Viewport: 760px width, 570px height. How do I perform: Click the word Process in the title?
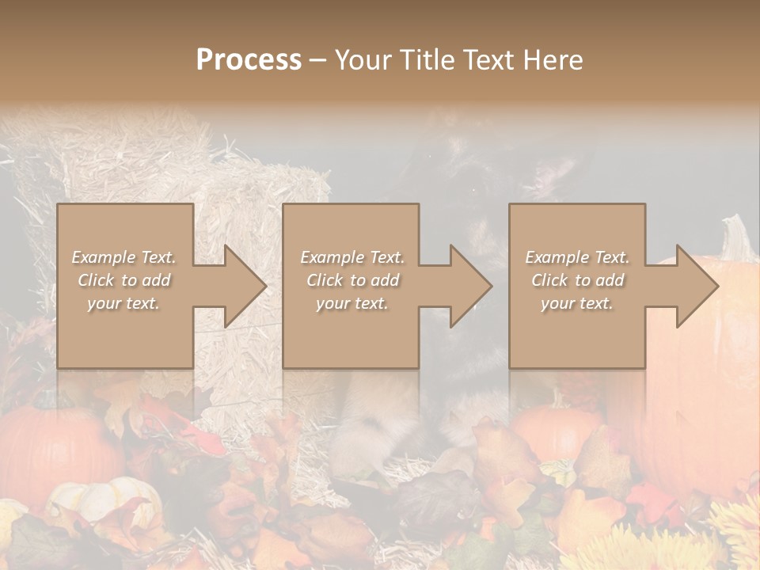(x=249, y=59)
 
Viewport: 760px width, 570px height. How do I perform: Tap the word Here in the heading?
(x=553, y=59)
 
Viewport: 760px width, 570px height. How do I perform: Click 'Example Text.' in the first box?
(x=123, y=257)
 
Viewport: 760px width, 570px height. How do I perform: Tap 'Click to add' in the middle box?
(x=352, y=280)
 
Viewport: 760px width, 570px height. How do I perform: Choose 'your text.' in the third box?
(x=577, y=303)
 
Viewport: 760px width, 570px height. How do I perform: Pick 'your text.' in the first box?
(x=123, y=303)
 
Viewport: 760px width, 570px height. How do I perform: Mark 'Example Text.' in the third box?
(x=577, y=257)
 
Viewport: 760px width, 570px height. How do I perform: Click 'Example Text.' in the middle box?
(x=352, y=257)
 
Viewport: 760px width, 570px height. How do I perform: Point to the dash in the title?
(x=317, y=59)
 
